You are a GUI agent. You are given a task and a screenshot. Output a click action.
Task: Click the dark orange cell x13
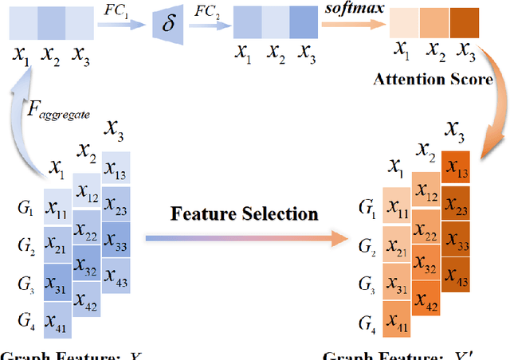(x=457, y=168)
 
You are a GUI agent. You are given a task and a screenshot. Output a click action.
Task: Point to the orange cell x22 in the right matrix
(x=427, y=237)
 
